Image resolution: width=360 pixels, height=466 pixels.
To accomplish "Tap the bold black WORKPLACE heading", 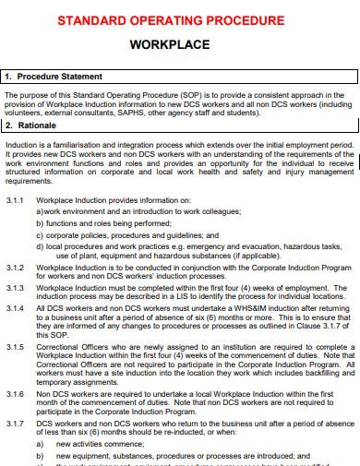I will [181, 43].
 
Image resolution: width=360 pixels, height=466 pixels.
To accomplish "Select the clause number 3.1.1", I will [17, 200].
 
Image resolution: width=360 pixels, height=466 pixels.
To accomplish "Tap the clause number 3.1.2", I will [17, 266].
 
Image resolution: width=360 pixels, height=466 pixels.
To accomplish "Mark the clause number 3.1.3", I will [17, 287].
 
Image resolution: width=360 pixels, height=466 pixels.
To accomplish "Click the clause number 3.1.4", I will [17, 308].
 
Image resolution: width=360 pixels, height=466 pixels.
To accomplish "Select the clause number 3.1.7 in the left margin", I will [17, 423].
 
